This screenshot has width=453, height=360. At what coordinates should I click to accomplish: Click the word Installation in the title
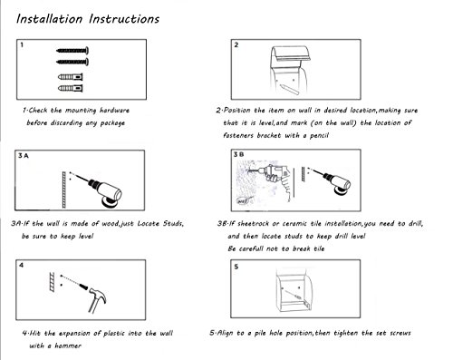pyautogui.click(x=49, y=19)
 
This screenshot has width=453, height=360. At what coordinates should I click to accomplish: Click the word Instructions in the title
pyautogui.click(x=124, y=19)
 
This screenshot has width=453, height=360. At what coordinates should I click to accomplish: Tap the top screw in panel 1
pyautogui.click(x=72, y=51)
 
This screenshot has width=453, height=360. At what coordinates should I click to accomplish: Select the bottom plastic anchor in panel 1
pyautogui.click(x=71, y=88)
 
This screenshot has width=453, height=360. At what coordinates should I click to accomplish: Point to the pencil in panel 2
pyautogui.click(x=289, y=90)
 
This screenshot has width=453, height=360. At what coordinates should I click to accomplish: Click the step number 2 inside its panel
pyautogui.click(x=236, y=44)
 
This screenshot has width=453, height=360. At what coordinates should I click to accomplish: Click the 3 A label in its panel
pyautogui.click(x=24, y=156)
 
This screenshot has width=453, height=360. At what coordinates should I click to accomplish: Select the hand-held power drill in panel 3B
pyautogui.click(x=274, y=178)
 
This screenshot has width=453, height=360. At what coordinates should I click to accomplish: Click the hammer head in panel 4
pyautogui.click(x=98, y=294)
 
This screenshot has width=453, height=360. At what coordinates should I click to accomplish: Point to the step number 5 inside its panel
pyautogui.click(x=236, y=267)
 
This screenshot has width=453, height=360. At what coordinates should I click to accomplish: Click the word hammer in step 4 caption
pyautogui.click(x=68, y=345)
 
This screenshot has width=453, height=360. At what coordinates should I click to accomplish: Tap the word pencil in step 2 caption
pyautogui.click(x=319, y=135)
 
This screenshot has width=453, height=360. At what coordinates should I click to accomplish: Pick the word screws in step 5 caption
pyautogui.click(x=400, y=333)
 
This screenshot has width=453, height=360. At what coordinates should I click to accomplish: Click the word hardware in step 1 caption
pyautogui.click(x=114, y=111)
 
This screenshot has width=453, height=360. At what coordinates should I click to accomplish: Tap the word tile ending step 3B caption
pyautogui.click(x=319, y=248)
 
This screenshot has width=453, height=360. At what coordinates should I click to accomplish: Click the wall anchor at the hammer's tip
pyautogui.click(x=83, y=286)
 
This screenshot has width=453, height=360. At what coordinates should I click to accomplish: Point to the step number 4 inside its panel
pyautogui.click(x=21, y=266)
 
